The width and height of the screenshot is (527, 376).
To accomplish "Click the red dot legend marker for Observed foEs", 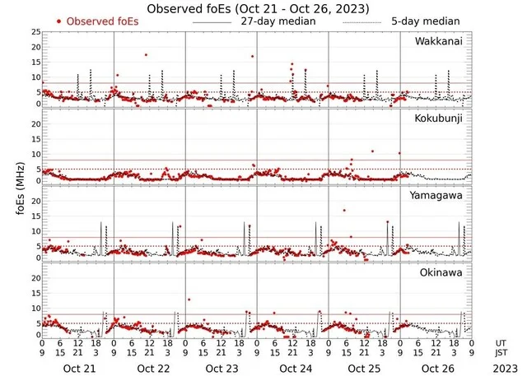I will (x=59, y=21).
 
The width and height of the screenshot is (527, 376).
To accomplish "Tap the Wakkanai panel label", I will (x=438, y=41).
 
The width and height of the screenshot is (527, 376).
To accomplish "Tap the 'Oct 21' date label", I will (x=80, y=369).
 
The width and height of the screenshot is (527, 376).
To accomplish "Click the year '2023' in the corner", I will (x=505, y=369).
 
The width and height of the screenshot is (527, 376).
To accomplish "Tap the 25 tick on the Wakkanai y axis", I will (x=35, y=31).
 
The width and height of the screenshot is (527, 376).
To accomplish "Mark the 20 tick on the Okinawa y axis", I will (x=35, y=277).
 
